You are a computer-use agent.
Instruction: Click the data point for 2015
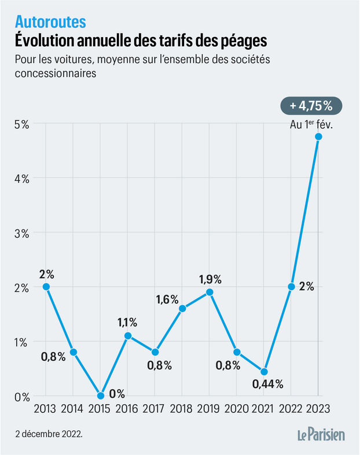coord(101,396)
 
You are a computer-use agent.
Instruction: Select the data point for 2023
coord(318,136)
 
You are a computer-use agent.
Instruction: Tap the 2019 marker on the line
coord(210,292)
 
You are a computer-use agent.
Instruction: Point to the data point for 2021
coord(264,372)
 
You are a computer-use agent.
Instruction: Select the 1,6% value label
coord(168,299)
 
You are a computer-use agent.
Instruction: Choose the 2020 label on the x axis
coord(237,409)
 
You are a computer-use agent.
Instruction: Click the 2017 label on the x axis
coord(155,409)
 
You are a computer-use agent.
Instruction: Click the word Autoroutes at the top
coord(50,22)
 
